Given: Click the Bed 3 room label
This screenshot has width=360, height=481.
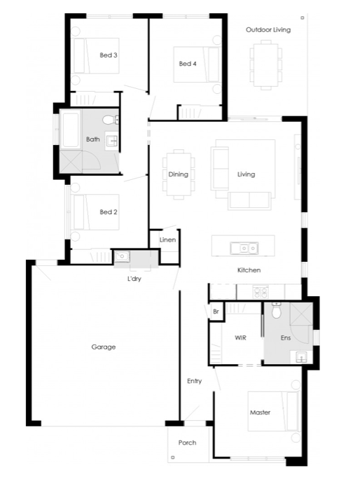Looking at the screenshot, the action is pos(109,55).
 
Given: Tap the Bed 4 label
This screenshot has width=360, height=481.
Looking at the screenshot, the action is pos(188,64).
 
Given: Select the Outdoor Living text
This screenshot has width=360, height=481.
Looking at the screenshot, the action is pos(268,29).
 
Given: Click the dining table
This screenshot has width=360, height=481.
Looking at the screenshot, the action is pos(179,174).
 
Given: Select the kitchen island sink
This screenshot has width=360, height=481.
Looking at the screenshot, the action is pos(244,248).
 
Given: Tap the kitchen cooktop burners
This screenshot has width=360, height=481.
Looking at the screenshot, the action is pos(261,292).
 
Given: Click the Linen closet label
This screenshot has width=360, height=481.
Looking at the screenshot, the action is pos(167,239).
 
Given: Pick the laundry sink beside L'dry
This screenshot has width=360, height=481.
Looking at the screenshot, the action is pos(122,256).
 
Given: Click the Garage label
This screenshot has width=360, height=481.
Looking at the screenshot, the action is pos(104,347).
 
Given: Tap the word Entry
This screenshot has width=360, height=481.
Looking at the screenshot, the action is pos(194,381).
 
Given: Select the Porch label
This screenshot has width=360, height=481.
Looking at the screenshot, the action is pos(187,442).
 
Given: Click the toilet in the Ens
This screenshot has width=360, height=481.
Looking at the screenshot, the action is pos(277,310).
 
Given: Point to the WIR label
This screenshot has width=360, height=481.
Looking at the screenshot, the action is pos(240,337).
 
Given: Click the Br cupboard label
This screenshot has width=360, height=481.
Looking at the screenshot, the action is pos(216,312).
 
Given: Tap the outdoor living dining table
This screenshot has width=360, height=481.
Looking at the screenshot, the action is pos(266,65).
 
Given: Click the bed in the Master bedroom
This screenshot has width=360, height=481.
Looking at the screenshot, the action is pos(273,412).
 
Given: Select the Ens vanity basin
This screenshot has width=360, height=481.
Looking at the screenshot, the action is pos(301,357).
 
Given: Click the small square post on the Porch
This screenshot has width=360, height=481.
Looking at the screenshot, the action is pos(173,457).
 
